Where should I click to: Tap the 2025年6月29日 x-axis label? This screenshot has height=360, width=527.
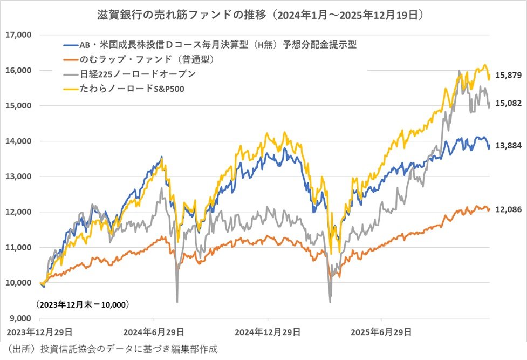(380, 331)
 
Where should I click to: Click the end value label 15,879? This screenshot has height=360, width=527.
(507, 76)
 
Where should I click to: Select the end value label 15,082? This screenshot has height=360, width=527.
(507, 103)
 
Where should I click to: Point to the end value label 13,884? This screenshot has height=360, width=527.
(507, 146)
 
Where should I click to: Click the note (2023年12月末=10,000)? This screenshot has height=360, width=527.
(83, 305)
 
